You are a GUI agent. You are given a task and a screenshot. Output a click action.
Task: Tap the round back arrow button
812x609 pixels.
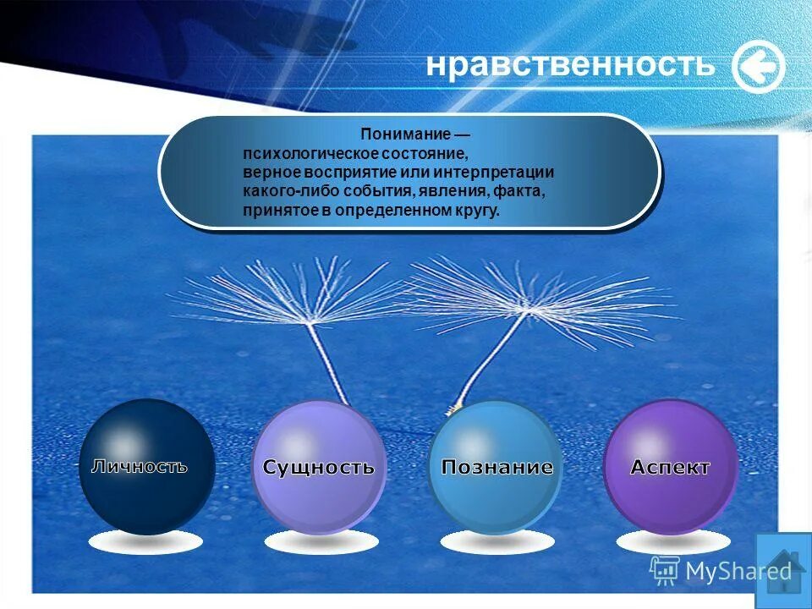[758, 67]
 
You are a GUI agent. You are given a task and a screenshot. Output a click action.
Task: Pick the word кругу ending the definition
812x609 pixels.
[478, 211]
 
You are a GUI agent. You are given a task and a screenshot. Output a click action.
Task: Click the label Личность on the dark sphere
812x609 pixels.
[140, 465]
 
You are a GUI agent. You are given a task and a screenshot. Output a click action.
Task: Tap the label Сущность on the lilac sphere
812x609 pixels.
[318, 467]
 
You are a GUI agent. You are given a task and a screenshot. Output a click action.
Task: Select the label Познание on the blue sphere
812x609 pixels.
[497, 467]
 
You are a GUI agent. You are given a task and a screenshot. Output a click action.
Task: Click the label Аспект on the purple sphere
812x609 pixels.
[670, 467]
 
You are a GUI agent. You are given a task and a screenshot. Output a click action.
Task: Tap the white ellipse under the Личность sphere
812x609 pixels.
[145, 541]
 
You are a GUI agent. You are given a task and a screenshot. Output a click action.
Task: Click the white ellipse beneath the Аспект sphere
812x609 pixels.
[672, 541]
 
